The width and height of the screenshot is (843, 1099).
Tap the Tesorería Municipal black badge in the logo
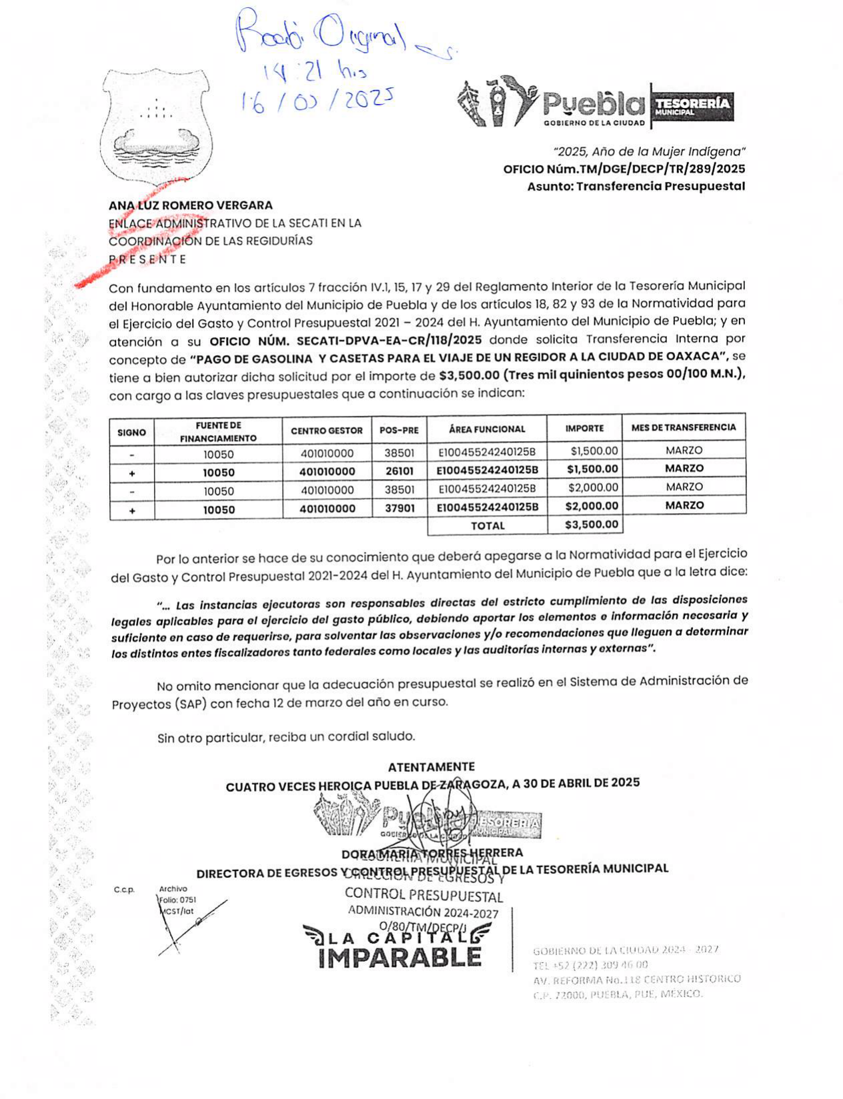[692, 107]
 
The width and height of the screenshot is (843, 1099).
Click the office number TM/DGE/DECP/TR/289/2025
[624, 169]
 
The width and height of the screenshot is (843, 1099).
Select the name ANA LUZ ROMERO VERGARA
[191, 205]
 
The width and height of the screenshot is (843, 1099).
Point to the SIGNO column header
[131, 433]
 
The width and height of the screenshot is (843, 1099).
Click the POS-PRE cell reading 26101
[399, 471]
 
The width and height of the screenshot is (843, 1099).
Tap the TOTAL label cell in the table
[488, 526]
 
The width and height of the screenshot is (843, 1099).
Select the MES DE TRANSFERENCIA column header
[683, 428]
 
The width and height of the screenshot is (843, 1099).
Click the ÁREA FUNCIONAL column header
[487, 429]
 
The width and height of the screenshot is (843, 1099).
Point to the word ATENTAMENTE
[432, 767]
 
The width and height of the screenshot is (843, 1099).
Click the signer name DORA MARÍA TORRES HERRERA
[432, 853]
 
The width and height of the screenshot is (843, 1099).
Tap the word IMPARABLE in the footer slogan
[400, 957]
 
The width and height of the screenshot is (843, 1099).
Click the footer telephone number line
[590, 964]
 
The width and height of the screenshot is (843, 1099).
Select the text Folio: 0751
[177, 900]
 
